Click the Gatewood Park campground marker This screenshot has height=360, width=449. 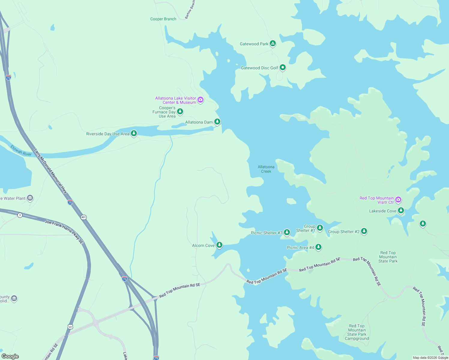(x=273, y=43)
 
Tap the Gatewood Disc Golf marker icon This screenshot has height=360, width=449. (x=282, y=67)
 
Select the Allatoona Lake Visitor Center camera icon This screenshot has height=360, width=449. (x=200, y=100)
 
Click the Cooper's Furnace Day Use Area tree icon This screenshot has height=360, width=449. (x=180, y=112)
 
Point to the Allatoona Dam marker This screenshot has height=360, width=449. (x=217, y=121)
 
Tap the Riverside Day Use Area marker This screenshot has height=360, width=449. (x=134, y=133)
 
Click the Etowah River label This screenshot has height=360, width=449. (x=21, y=151)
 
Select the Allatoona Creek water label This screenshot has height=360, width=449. (x=266, y=169)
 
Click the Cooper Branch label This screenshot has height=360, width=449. (x=163, y=19)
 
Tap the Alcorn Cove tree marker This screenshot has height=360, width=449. (x=219, y=245)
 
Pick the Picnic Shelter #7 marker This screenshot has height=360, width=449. (x=287, y=232)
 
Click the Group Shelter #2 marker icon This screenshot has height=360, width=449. (x=364, y=231)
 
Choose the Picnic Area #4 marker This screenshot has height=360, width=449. (x=318, y=247)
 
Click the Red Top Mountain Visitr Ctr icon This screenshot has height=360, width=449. (x=398, y=199)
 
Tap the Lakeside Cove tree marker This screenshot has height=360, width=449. (x=401, y=211)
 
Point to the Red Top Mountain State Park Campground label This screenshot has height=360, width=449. (x=357, y=332)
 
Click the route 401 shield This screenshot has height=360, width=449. (x=83, y=217)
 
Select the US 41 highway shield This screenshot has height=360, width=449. (x=70, y=326)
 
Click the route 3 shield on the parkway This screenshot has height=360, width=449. (x=20, y=215)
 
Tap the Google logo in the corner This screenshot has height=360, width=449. (x=10, y=356)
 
